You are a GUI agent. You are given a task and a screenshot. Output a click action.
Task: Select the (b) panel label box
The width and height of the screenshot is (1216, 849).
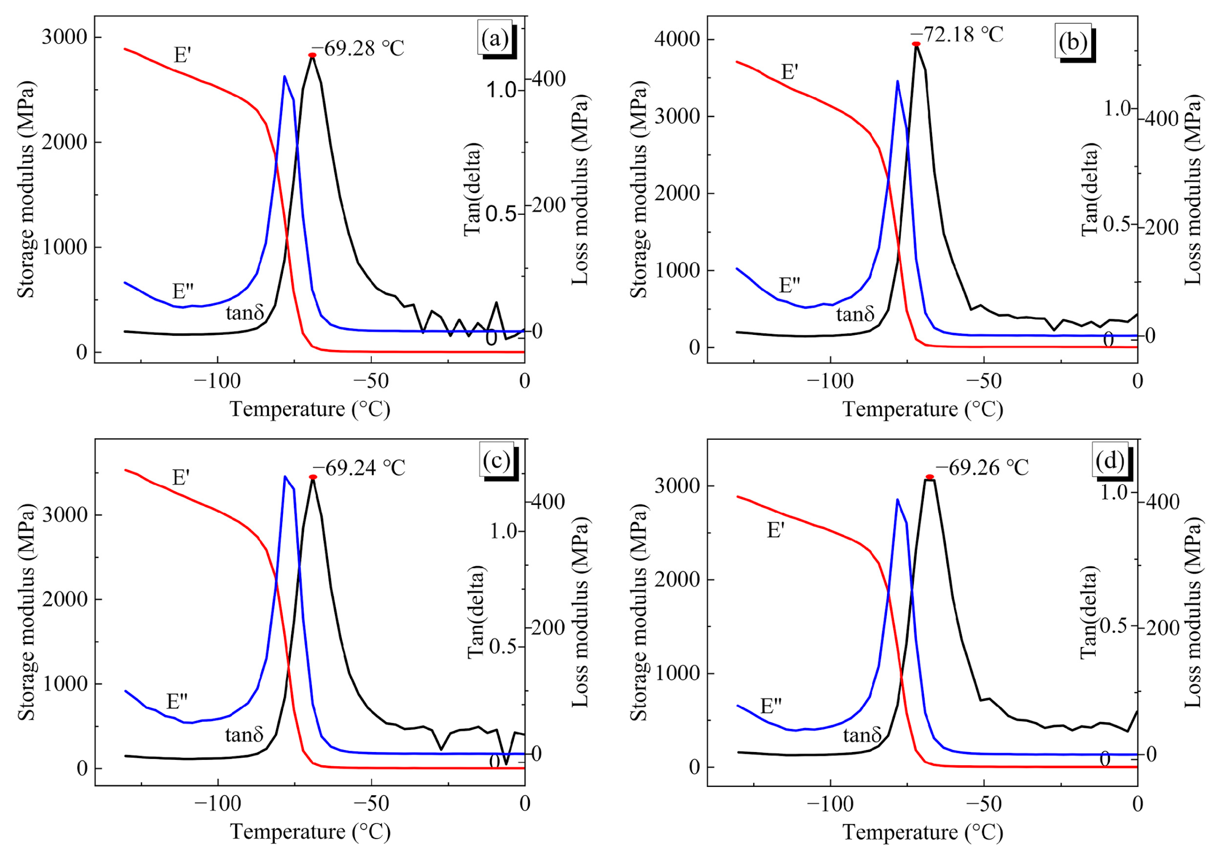point(1073,42)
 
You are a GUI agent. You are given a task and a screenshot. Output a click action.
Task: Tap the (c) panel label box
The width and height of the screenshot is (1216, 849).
point(496,460)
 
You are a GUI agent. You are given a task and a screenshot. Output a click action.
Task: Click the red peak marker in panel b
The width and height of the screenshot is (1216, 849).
point(916,44)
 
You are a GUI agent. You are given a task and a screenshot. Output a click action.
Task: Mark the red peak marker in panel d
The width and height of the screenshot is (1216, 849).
point(930,477)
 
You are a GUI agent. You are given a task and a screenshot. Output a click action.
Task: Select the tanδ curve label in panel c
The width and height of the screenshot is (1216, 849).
point(244,735)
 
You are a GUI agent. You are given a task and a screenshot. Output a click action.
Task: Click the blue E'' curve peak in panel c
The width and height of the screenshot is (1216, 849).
point(285,476)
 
